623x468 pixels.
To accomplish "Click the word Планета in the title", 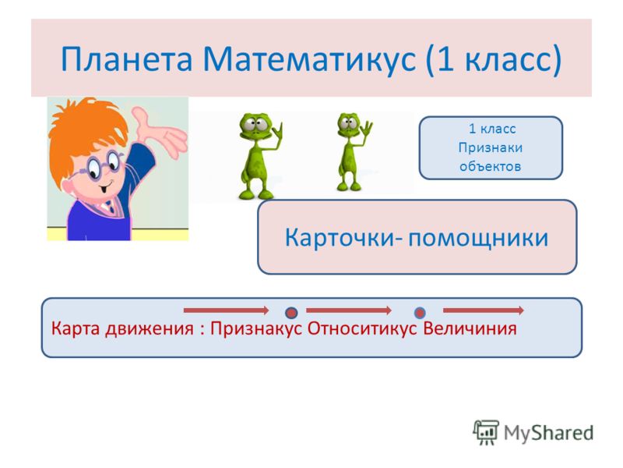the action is pyautogui.click(x=127, y=59).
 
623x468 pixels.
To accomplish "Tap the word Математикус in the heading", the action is pyautogui.click(x=309, y=60).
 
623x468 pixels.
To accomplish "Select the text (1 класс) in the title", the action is pyautogui.click(x=494, y=60).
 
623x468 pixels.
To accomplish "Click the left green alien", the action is pyautogui.click(x=259, y=156).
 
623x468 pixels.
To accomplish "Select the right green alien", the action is pyautogui.click(x=352, y=152).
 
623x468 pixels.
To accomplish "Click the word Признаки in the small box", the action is pyautogui.click(x=491, y=148).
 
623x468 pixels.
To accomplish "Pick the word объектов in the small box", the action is pyautogui.click(x=491, y=166).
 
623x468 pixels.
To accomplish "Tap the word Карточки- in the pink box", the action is pyautogui.click(x=343, y=238).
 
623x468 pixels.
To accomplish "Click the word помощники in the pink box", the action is pyautogui.click(x=478, y=239).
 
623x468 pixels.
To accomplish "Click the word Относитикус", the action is pyautogui.click(x=362, y=328).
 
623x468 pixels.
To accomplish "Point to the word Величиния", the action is pyautogui.click(x=470, y=328).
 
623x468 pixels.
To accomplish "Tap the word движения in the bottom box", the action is pyautogui.click(x=149, y=329).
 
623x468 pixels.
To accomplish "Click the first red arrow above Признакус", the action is pyautogui.click(x=226, y=310).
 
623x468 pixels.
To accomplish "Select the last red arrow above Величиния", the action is pyautogui.click(x=483, y=310).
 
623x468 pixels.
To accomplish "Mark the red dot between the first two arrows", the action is pyautogui.click(x=291, y=313).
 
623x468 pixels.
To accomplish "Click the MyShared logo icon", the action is pyautogui.click(x=485, y=432).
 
